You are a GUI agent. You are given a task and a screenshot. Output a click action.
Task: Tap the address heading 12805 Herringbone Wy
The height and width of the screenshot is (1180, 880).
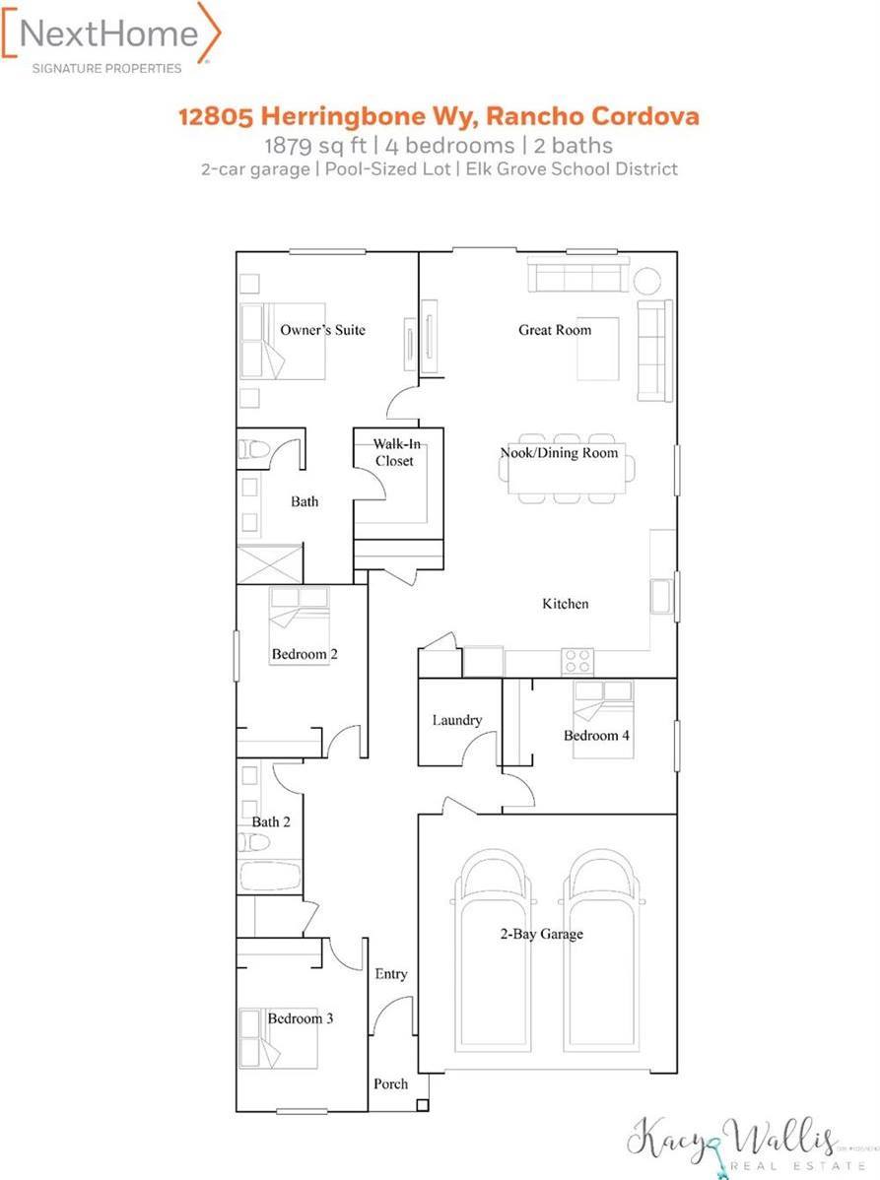point(439,116)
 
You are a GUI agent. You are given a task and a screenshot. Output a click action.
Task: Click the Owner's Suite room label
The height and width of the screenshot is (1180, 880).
point(322,330)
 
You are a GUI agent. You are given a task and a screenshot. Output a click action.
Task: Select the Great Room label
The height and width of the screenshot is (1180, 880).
point(555,330)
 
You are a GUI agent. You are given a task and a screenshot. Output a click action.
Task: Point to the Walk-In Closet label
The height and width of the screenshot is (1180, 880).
point(393,452)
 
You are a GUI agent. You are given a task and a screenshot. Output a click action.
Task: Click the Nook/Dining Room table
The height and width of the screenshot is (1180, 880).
point(567,471)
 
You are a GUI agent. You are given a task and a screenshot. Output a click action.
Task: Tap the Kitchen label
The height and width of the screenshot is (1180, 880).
point(566,604)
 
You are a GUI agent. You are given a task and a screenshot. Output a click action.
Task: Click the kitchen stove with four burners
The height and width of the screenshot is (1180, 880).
point(576,661)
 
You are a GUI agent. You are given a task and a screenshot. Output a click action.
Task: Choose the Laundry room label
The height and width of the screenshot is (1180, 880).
point(457,720)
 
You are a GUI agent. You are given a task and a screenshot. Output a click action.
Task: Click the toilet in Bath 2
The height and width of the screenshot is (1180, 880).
point(254,843)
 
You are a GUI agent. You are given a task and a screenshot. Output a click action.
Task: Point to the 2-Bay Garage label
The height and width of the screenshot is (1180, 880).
point(540,933)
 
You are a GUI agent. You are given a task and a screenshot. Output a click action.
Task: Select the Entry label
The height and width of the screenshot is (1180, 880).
point(391,974)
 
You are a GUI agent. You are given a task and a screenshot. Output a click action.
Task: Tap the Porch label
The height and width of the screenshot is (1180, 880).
point(390,1083)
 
